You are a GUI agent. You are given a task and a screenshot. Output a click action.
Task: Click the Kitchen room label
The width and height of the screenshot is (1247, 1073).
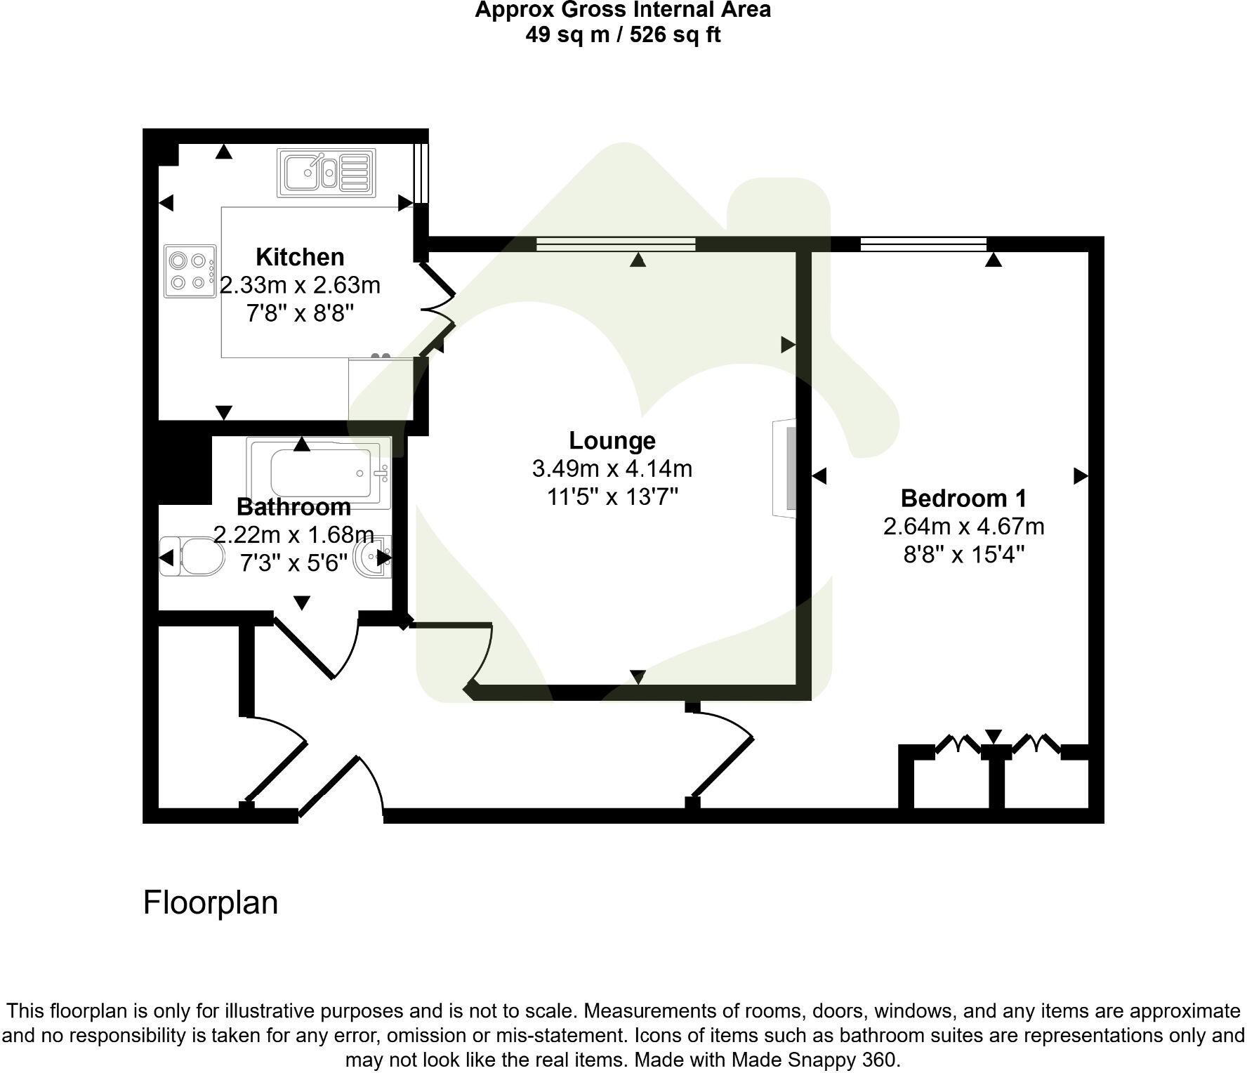[x=300, y=257]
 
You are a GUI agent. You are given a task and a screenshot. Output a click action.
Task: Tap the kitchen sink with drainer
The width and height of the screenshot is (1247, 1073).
[x=325, y=172]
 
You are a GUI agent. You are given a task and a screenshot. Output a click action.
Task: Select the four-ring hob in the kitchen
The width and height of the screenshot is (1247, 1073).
[x=190, y=271]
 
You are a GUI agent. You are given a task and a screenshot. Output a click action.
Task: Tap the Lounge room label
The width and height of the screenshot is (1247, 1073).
[x=612, y=440]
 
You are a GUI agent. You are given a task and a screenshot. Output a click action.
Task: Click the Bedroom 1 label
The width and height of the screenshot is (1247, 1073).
[x=963, y=498]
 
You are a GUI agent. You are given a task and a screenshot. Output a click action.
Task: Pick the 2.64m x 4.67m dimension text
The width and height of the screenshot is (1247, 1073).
[x=963, y=526]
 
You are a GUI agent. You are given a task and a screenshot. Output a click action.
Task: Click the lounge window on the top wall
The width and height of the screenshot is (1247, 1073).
[x=616, y=244]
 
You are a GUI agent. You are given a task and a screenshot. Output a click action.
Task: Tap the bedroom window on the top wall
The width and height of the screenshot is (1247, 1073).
[x=923, y=244]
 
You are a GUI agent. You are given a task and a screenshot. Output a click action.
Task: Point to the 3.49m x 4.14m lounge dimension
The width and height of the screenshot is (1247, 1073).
[x=612, y=468]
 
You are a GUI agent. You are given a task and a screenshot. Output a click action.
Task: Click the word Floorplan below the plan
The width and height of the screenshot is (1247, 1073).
[x=211, y=902]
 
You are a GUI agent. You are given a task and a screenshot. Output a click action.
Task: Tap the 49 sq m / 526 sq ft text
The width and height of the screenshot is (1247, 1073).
[x=623, y=34]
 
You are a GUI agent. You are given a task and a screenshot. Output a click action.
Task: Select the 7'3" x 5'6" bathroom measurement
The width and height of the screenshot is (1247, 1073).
[x=293, y=562]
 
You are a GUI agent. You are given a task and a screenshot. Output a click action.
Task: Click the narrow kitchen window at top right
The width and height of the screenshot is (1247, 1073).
[x=420, y=172]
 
